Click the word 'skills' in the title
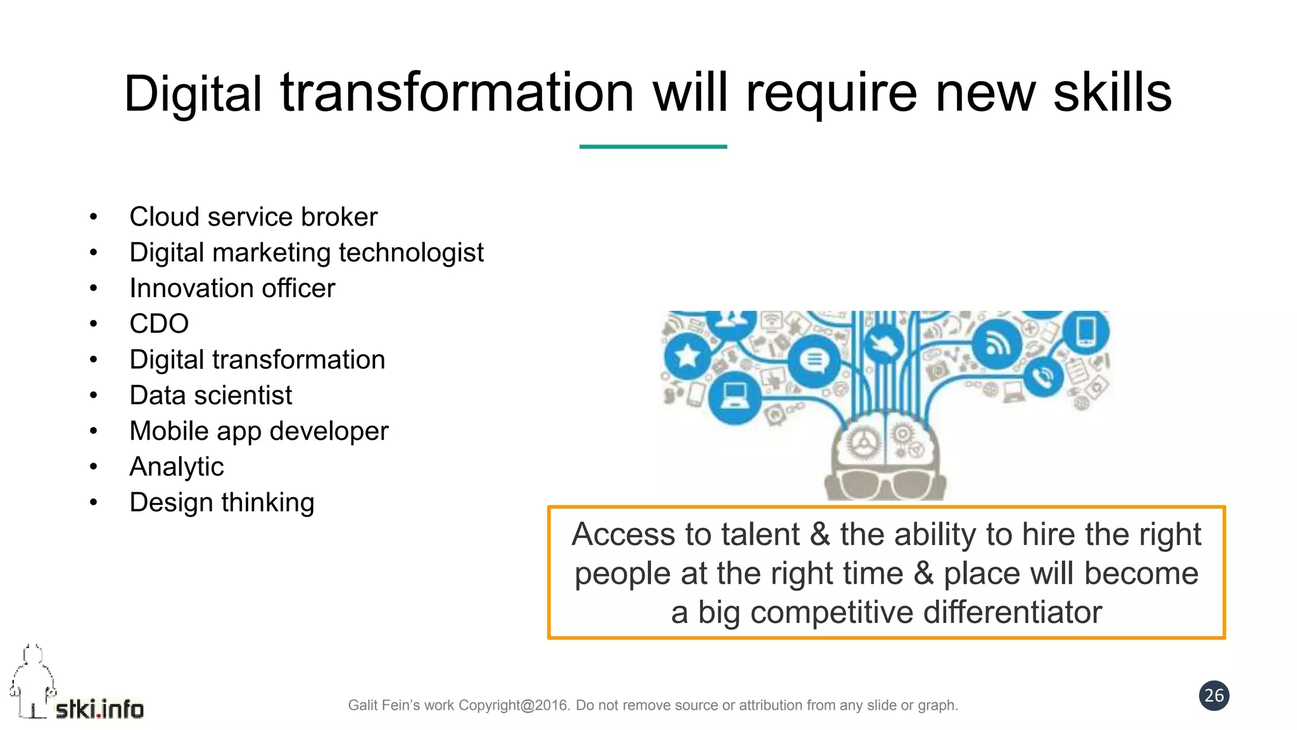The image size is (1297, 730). click(1112, 93)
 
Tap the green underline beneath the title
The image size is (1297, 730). click(653, 146)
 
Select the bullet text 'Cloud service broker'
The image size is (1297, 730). click(253, 217)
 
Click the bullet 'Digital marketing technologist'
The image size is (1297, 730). click(307, 252)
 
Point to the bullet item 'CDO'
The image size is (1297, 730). click(159, 324)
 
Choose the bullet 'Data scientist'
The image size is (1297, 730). click(211, 395)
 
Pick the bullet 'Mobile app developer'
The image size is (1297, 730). click(258, 431)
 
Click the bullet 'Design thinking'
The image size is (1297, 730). click(222, 503)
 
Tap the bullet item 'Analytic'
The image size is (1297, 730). click(177, 467)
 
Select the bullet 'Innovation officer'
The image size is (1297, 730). click(232, 288)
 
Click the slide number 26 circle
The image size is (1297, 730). click(1213, 696)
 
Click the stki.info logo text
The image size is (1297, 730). click(99, 709)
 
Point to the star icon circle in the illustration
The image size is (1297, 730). click(686, 355)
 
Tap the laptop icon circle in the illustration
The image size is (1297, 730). click(735, 397)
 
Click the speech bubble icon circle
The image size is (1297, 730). click(814, 361)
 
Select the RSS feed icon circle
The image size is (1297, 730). click(997, 344)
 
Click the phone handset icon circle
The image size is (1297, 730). click(1041, 376)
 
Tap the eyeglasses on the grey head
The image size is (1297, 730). click(886, 484)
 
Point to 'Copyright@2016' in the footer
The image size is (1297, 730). click(514, 705)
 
